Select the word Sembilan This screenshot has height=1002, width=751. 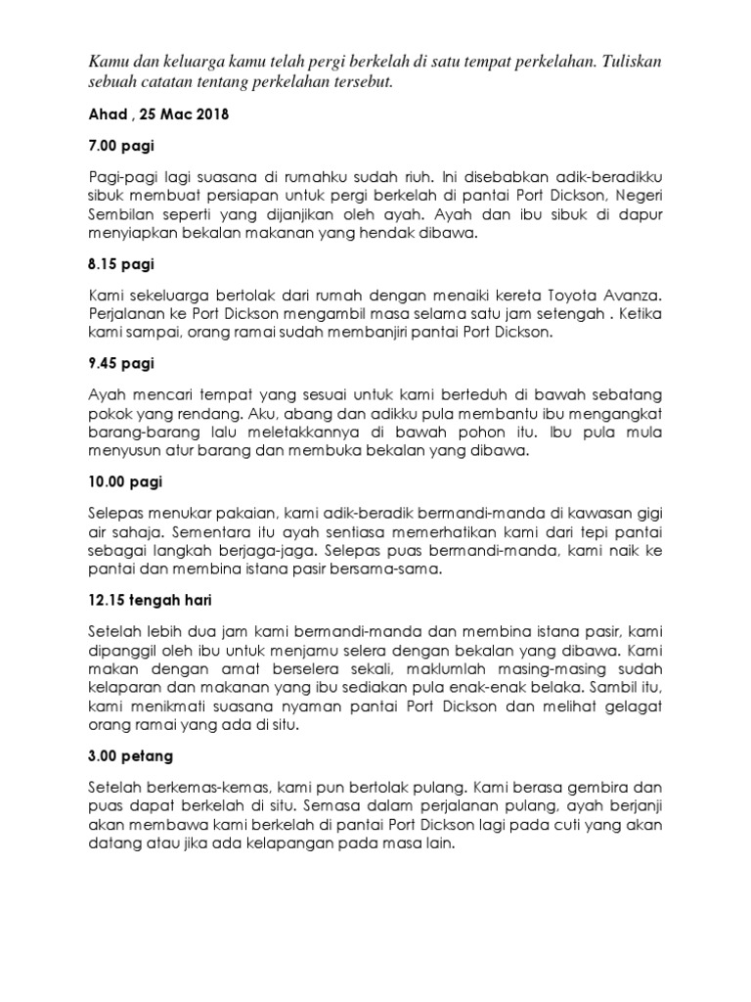tap(121, 217)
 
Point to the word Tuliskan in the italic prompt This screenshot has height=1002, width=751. tap(630, 61)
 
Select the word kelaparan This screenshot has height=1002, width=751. tap(128, 689)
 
